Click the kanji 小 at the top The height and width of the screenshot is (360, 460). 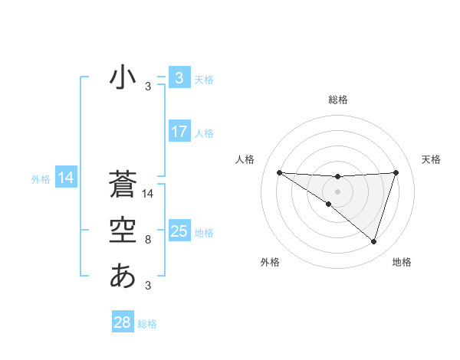pos(123,77)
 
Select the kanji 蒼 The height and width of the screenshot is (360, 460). pos(123,185)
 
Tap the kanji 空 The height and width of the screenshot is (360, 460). pos(123,230)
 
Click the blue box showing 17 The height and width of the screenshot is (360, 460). pos(179,132)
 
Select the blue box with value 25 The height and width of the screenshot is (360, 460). pos(179,231)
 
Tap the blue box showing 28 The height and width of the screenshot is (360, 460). pos(123,322)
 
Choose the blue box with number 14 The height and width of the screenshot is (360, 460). pos(65,178)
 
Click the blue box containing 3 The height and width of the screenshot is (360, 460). pos(179,77)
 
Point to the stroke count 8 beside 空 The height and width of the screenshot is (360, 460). pos(148,241)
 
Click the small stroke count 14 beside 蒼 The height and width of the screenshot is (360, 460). pos(149,195)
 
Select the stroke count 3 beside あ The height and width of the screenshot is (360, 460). pos(148,286)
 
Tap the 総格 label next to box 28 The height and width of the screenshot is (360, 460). pos(147,324)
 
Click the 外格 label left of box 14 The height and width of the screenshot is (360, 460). pos(41,179)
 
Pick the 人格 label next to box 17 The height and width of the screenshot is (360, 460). pos(204,133)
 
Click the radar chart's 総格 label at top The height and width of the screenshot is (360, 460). pos(337,100)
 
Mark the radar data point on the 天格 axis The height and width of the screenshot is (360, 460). pos(396,172)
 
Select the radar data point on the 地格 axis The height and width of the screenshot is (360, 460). pos(374,241)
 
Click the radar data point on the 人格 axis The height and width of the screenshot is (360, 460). pos(279,172)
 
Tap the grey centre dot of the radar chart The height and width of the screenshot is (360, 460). pos(337,191)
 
